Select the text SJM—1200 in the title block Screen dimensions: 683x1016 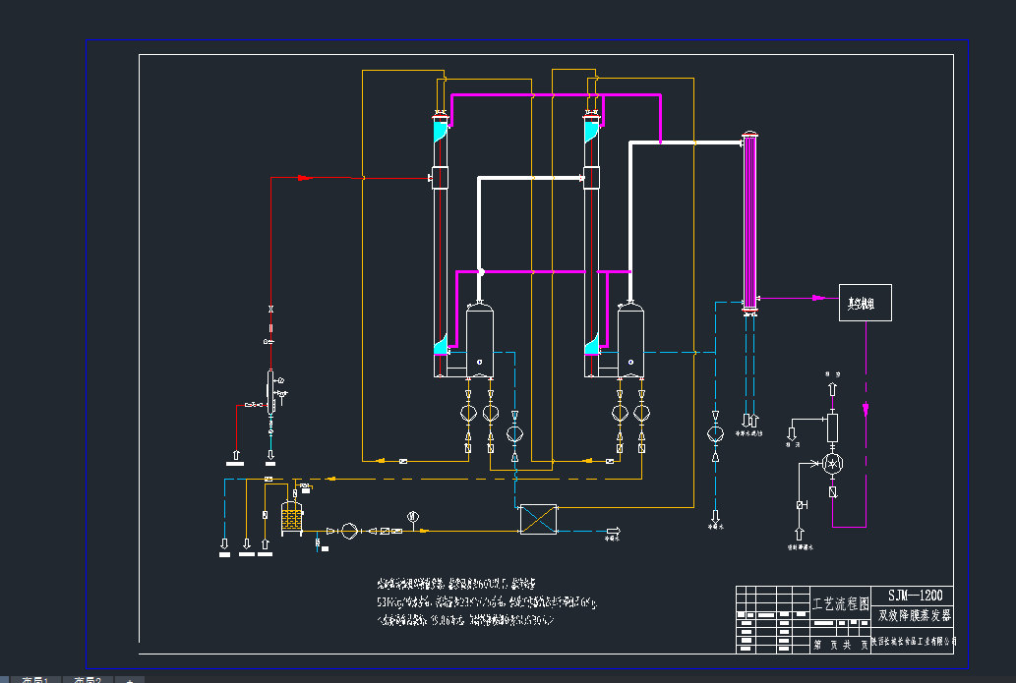tap(914, 596)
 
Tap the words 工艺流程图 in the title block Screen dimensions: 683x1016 tap(839, 602)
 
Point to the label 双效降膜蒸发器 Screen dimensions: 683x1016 tap(914, 616)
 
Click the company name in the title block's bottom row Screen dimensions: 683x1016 tap(914, 641)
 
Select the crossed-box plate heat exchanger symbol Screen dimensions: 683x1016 tap(538, 519)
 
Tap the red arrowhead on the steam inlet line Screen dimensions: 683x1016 tap(304, 178)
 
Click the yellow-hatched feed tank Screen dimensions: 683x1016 tap(290, 517)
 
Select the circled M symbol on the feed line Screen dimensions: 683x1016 tap(413, 515)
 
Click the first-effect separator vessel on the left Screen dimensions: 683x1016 tap(479, 340)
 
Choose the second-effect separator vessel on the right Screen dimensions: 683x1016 tap(630, 340)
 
